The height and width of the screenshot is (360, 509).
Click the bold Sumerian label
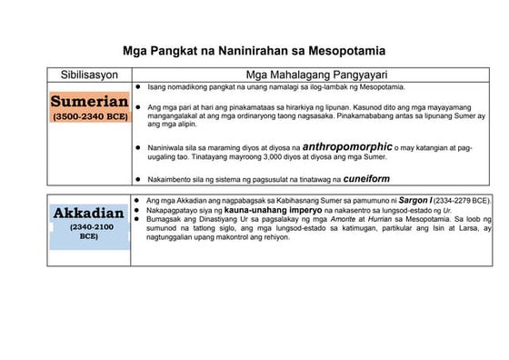[89, 100]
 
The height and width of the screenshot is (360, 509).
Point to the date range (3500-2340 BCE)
[89, 117]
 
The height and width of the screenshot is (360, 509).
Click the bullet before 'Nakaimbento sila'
[137, 179]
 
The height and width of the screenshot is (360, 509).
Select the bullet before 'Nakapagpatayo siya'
[137, 210]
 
